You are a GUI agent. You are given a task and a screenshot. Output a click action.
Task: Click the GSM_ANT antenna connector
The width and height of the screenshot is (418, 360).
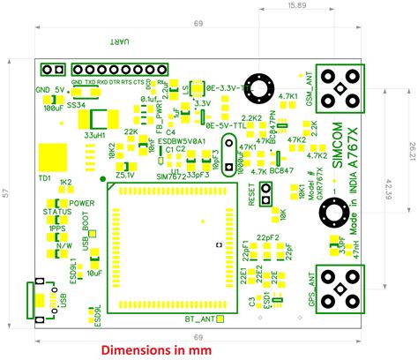click(x=340, y=89)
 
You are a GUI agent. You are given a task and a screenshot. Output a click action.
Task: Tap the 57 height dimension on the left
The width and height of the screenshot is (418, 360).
click(x=8, y=192)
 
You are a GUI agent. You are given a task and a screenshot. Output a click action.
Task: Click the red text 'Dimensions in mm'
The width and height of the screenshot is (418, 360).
click(x=156, y=349)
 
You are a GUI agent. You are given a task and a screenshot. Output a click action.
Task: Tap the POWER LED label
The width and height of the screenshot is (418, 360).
click(x=82, y=203)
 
